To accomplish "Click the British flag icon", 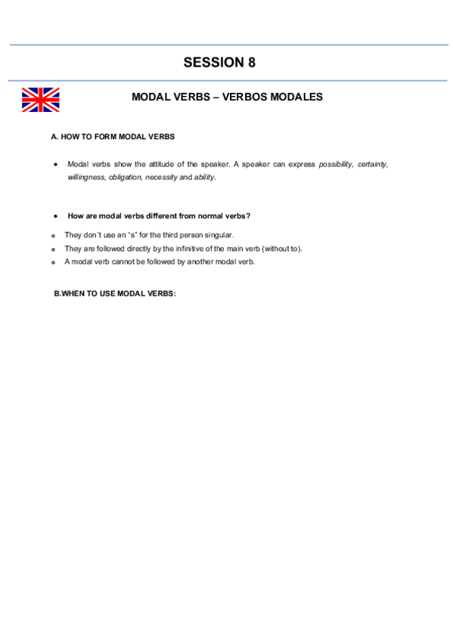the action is pos(40,100).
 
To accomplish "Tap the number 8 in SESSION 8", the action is pos(251,63).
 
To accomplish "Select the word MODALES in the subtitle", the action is pos(297,98).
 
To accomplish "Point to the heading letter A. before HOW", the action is pos(54,137).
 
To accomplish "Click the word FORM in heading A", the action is pos(105,137).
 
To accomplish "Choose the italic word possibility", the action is pos(336,164).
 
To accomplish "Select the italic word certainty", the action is pos(373,164).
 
